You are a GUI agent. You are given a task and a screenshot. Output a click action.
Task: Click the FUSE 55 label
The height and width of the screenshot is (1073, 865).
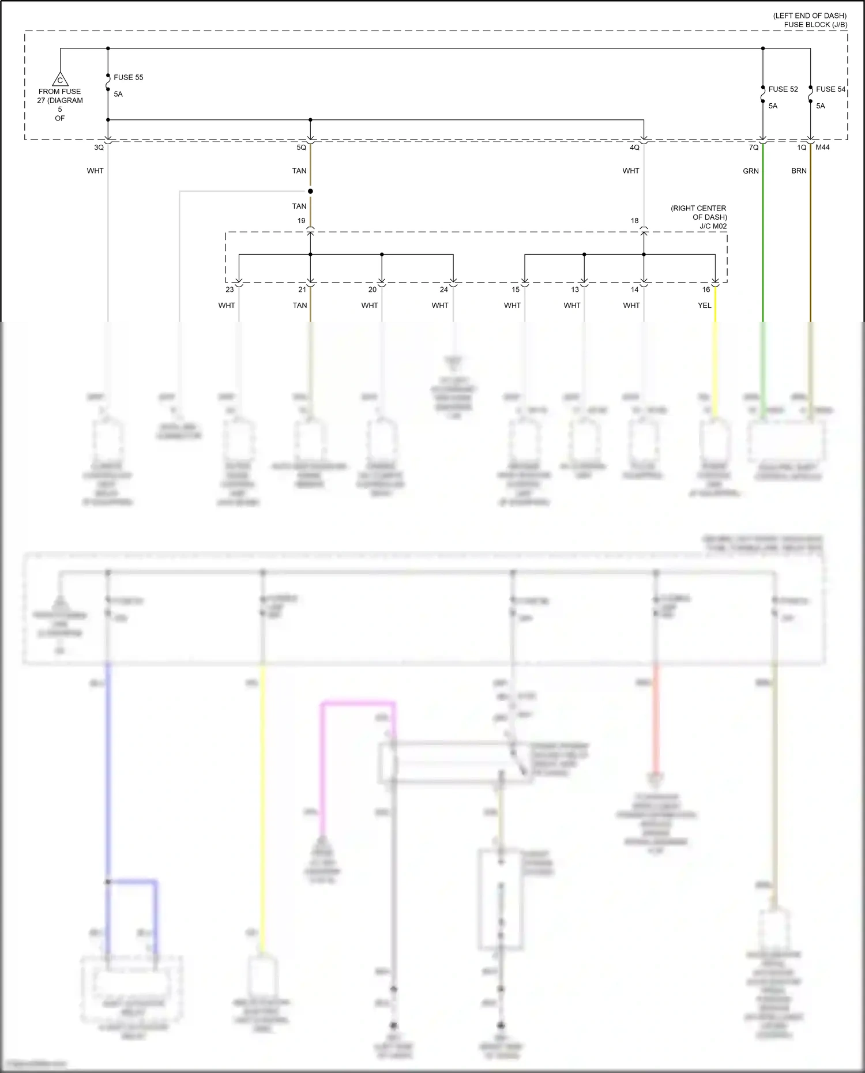pos(128,77)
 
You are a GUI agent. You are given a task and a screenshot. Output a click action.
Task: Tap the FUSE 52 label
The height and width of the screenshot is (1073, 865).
pos(783,89)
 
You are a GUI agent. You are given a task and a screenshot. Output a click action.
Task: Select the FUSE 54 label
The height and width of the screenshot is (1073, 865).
pos(830,89)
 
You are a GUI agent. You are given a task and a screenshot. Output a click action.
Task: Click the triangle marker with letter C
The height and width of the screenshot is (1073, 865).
pos(60,80)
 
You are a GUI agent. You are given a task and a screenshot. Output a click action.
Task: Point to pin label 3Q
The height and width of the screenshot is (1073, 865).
pos(99,148)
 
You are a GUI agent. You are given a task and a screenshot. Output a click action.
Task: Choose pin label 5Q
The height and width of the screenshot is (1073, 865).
pos(302,148)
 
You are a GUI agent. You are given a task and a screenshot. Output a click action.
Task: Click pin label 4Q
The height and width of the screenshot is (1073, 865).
pos(634,148)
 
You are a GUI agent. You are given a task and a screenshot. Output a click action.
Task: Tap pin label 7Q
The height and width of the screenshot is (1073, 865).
pos(754,148)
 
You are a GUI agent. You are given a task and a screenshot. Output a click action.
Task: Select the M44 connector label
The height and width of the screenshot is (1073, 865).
pos(823,148)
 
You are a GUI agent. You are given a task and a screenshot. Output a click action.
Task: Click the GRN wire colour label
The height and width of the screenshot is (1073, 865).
pos(751,171)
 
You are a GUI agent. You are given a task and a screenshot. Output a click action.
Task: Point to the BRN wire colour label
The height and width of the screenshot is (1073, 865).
pos(799,171)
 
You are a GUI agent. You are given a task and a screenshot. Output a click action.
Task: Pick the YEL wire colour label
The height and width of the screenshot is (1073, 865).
pos(705,306)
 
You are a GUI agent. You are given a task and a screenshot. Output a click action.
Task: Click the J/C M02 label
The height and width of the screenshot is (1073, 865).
pos(713,227)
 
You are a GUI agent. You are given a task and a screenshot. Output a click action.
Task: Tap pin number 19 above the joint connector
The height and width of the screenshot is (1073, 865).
pos(302,221)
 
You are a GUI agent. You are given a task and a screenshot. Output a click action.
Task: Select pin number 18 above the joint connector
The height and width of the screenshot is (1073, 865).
pos(634,221)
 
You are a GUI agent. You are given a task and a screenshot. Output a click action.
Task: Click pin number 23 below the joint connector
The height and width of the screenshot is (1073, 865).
pos(230,289)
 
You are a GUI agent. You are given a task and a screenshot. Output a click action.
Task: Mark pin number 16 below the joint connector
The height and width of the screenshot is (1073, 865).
pos(706,289)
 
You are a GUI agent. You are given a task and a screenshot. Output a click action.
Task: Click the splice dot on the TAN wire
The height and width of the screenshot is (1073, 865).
pos(310,191)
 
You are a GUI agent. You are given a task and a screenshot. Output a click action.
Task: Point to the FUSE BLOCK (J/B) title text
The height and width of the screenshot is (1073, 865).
pos(815,25)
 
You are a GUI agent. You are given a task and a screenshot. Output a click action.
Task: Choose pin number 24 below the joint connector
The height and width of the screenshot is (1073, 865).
pos(443,289)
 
